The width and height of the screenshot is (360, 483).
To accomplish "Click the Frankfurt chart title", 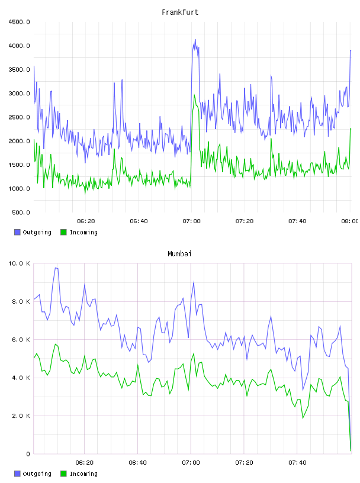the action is tap(180, 12).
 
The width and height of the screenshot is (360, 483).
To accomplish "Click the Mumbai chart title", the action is tap(179, 254).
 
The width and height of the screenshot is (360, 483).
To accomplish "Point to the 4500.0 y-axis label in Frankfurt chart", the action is tap(19, 22).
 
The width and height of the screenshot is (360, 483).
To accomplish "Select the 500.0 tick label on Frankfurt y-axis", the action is tap(21, 212).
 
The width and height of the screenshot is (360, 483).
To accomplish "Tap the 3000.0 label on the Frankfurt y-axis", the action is tap(19, 94).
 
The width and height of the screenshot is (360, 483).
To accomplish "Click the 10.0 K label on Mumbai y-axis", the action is tap(19, 263).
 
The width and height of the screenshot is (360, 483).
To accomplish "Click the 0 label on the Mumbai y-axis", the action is tap(28, 454).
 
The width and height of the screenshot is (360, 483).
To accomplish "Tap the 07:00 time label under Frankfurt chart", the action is tap(191, 221).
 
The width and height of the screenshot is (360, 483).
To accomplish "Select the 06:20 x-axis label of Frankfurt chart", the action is tap(86, 221).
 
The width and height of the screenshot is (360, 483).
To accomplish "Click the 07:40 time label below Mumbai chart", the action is tap(297, 463).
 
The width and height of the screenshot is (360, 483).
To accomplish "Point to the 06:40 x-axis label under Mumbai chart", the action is tap(137, 463).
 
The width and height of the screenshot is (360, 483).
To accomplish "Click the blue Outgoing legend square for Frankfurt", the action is tap(17, 232).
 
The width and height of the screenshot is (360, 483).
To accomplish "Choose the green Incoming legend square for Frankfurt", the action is tap(63, 232).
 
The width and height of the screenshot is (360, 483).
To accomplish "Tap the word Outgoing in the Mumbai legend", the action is tap(37, 474).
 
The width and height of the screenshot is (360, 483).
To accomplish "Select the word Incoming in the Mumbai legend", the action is tap(83, 474).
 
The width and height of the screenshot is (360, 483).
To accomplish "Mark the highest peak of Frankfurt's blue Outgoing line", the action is tap(195, 40).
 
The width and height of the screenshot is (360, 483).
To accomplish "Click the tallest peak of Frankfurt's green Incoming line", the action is tap(194, 95).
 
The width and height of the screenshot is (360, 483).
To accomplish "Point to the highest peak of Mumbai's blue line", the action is tap(56, 268).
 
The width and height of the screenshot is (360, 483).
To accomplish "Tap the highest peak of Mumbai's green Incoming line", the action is tap(56, 344).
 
